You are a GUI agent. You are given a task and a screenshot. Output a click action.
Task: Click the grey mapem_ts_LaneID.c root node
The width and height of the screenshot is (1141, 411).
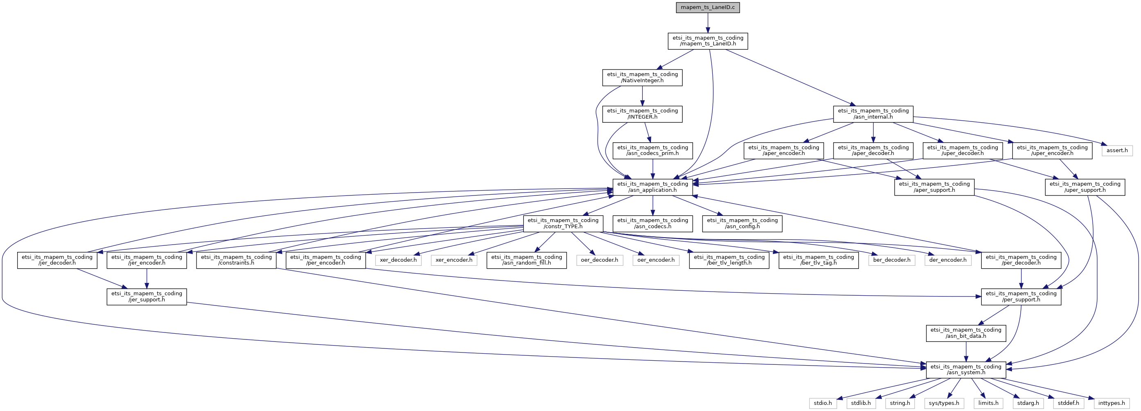707,7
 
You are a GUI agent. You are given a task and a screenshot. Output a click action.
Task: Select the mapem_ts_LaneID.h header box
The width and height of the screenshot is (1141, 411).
708,41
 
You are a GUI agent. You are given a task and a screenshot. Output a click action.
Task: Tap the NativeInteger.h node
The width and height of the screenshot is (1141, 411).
642,77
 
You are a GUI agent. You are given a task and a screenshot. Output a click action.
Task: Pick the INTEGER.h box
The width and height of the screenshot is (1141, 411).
642,114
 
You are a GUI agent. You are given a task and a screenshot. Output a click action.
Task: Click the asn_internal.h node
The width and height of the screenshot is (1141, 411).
873,114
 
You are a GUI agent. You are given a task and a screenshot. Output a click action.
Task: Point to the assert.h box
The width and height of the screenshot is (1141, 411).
1117,150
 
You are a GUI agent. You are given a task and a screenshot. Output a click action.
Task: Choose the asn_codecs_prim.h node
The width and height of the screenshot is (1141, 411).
653,151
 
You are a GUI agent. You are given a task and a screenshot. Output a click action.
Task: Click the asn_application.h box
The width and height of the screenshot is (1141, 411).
653,187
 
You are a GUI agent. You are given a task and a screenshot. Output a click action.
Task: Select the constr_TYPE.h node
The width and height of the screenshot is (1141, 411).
563,223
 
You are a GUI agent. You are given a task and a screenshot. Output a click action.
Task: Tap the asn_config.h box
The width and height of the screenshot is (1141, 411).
742,223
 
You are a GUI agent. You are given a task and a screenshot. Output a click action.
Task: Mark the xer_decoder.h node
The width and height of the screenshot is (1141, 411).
398,260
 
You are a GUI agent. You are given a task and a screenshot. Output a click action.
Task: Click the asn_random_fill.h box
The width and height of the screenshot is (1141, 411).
526,260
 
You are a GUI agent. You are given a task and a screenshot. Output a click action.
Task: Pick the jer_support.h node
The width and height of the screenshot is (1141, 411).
147,296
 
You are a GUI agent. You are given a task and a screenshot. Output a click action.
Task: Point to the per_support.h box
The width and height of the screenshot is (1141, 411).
1021,296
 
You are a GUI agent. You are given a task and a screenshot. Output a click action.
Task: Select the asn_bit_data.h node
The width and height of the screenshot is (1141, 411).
966,333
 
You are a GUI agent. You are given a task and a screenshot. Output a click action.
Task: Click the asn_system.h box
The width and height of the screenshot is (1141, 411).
966,370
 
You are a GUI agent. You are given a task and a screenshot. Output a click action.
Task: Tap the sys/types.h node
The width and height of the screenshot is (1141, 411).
944,403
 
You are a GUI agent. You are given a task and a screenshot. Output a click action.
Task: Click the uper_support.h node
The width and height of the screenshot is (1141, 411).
1085,187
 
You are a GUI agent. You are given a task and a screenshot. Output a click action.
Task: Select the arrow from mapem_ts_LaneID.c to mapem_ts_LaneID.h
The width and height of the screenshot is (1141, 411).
707,23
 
